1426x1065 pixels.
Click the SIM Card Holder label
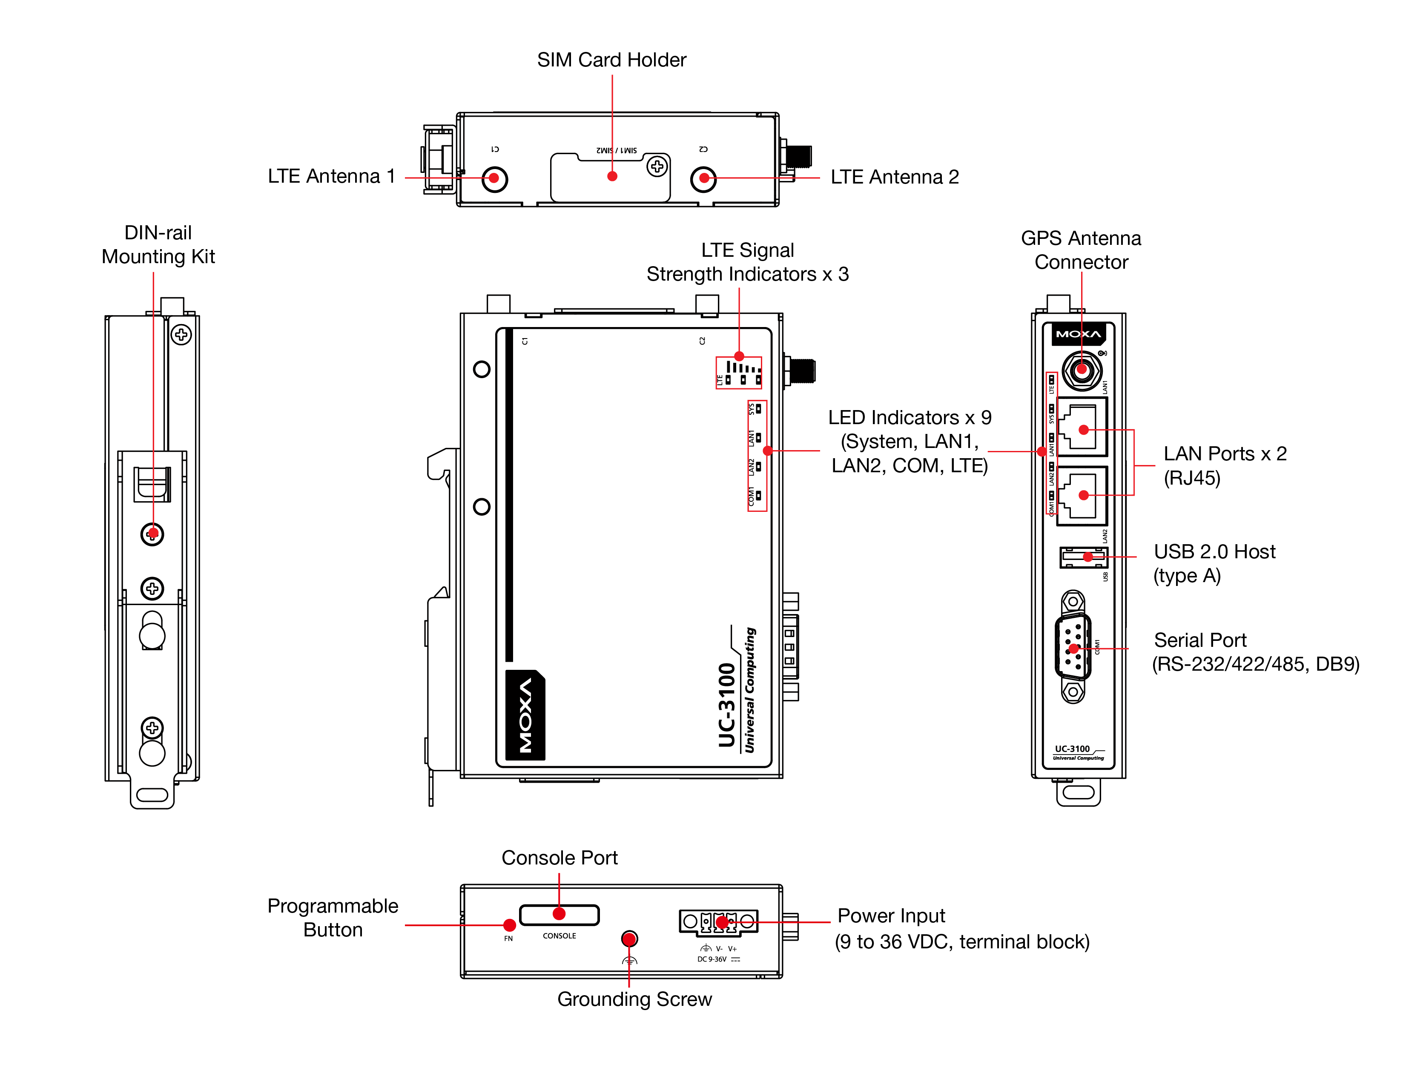tap(611, 60)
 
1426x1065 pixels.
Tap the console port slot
tap(559, 915)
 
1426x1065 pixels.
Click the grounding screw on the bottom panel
tap(629, 939)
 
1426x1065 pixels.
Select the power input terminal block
tap(718, 922)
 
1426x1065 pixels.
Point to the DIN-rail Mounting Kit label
tap(158, 244)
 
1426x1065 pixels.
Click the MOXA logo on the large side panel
tap(525, 715)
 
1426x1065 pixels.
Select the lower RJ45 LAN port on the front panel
tap(1082, 495)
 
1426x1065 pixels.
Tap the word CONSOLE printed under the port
tap(559, 936)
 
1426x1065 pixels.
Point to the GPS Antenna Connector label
tap(1081, 250)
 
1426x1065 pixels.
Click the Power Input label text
tap(891, 916)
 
